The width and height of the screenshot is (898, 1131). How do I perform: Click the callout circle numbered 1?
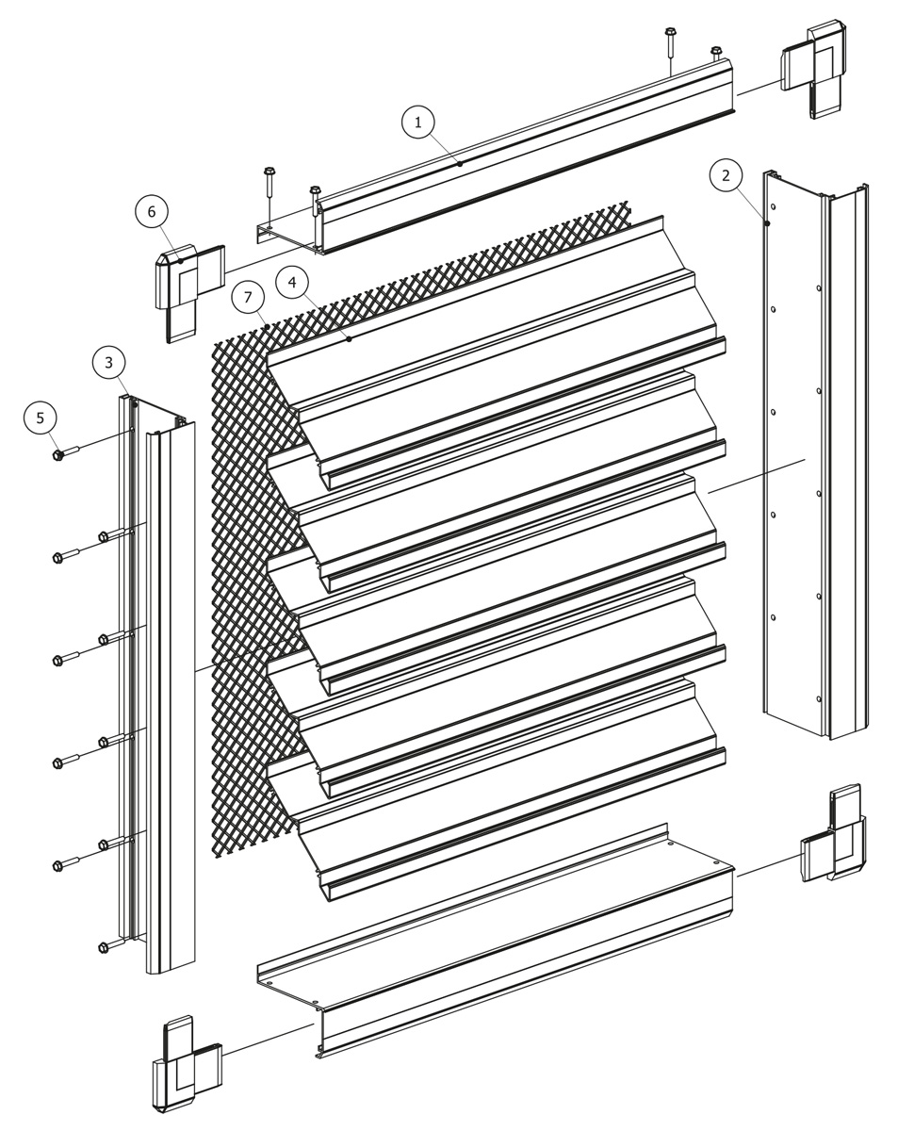418,122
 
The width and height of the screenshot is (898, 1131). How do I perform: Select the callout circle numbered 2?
726,175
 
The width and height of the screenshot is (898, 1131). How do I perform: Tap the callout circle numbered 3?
109,362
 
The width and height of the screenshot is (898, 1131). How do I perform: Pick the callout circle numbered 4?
293,281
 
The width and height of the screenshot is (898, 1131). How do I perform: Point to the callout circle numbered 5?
41,418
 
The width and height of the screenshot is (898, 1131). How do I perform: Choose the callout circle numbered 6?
152,212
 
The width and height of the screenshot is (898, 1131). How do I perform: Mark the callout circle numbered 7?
248,298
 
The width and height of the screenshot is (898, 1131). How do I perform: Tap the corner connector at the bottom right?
834,834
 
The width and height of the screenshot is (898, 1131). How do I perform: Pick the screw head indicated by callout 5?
58,455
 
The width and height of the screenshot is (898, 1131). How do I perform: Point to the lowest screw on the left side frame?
105,946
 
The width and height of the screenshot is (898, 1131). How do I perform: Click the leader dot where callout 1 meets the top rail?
460,164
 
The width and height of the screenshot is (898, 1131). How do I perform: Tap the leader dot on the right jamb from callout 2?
768,223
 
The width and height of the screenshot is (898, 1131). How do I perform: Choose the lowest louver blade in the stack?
509,829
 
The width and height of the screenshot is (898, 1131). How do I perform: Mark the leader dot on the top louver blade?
350,339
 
